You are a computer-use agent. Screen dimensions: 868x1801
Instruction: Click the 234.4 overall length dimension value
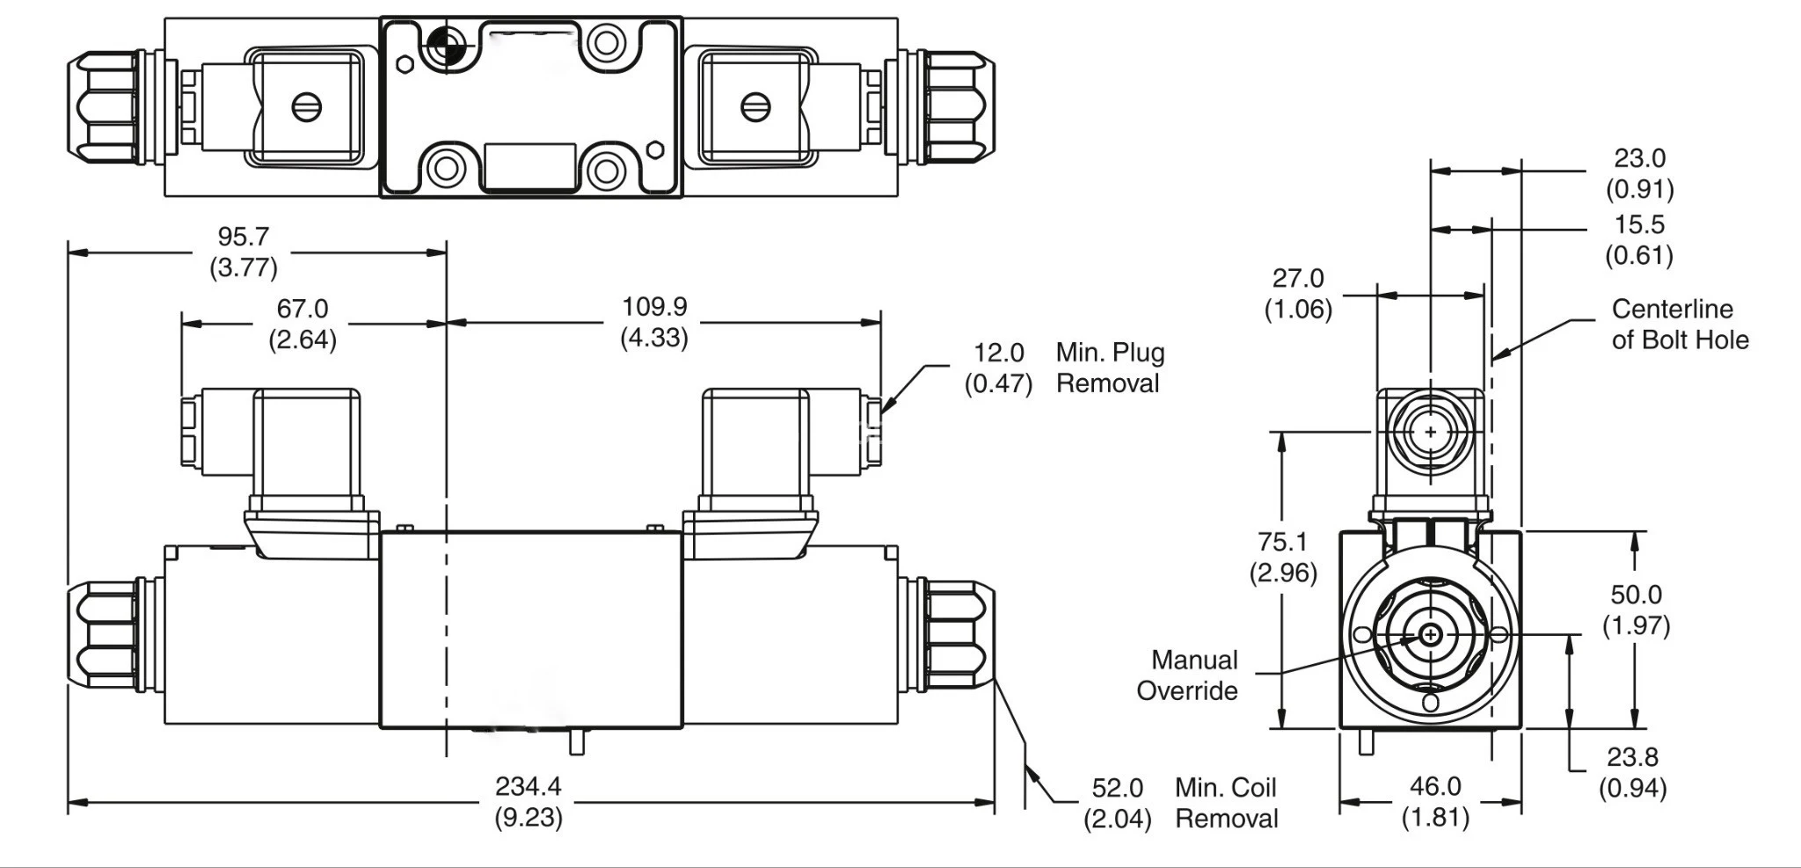[528, 786]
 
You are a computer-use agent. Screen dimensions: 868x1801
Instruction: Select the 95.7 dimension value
[244, 237]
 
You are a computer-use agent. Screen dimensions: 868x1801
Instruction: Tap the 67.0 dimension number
[303, 309]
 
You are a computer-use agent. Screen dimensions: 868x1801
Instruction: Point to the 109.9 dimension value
[654, 307]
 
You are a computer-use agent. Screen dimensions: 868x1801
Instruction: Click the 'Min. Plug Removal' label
[1110, 368]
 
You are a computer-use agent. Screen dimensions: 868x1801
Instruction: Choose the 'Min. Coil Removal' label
[1226, 803]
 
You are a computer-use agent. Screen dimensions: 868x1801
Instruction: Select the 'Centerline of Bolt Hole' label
[1680, 325]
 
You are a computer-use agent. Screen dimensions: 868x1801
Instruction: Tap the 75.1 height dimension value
[1282, 542]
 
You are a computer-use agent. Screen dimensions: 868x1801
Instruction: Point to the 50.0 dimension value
[1636, 595]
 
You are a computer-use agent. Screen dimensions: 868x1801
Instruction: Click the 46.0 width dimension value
[1435, 786]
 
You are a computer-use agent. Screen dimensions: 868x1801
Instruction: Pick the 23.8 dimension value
[1632, 757]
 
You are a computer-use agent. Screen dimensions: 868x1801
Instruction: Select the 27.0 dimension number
[1298, 279]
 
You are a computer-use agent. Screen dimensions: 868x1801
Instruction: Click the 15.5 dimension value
[1639, 225]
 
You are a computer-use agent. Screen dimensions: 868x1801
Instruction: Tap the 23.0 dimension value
[1639, 158]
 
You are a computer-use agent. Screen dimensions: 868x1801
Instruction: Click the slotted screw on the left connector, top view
[306, 108]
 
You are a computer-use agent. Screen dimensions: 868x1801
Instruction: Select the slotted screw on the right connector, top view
[755, 107]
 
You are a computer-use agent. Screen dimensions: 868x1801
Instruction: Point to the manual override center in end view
[1431, 634]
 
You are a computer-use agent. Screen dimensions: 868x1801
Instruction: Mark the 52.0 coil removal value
[1117, 788]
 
